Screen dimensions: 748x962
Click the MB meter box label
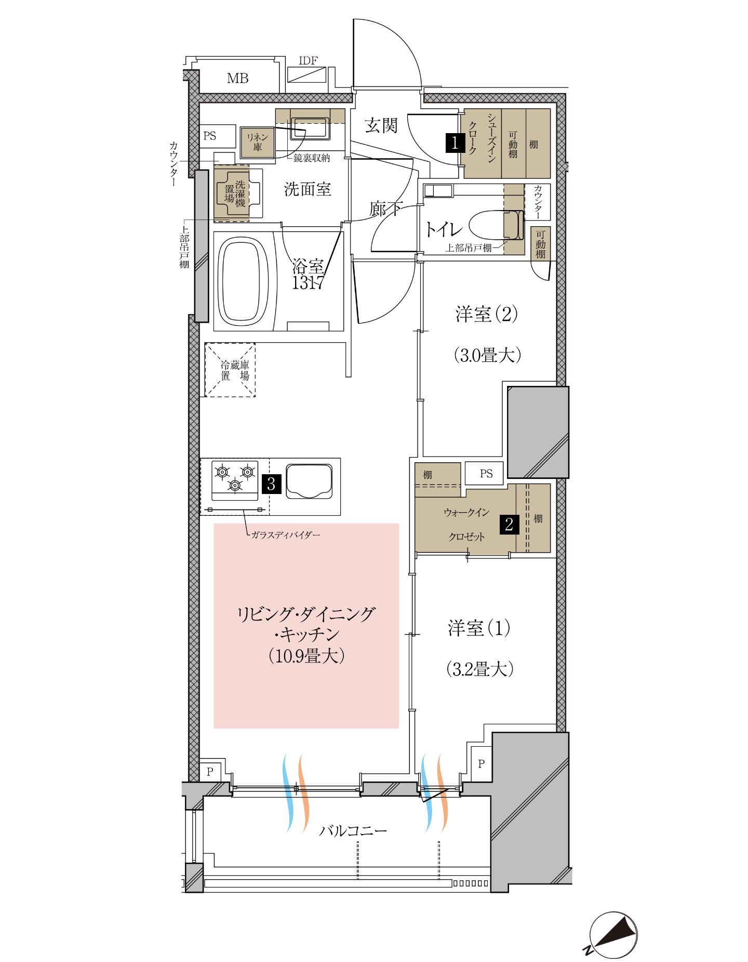(237, 79)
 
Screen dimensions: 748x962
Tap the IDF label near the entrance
(308, 61)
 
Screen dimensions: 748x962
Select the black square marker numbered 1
(455, 142)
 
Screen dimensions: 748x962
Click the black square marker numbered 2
(509, 524)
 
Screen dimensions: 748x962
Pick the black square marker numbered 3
(271, 484)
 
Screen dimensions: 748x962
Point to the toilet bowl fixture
(496, 225)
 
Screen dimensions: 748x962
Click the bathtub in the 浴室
(243, 281)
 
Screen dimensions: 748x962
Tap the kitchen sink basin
(309, 481)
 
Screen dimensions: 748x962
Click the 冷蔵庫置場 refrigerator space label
(235, 370)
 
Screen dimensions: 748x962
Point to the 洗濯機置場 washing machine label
(235, 193)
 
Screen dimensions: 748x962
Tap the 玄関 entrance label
(381, 125)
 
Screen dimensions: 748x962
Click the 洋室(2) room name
(487, 314)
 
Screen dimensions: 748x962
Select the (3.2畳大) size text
(480, 669)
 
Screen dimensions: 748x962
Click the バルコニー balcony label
(353, 830)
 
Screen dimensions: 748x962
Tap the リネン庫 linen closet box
(258, 142)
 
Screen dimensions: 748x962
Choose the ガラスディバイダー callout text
(286, 535)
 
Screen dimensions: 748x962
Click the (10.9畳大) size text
(306, 656)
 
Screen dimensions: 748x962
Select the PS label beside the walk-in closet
(486, 474)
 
